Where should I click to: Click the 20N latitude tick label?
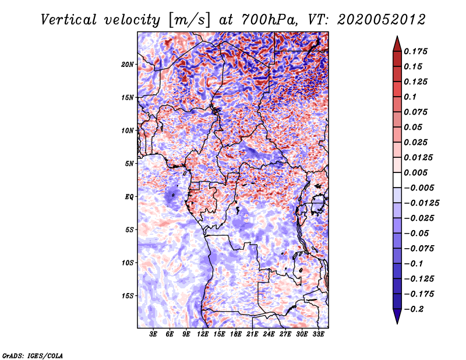[x=128, y=64]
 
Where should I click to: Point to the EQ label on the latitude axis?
[x=129, y=196]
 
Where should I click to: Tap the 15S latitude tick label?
[x=128, y=295]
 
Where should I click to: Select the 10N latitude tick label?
[x=128, y=130]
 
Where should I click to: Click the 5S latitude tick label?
[x=129, y=230]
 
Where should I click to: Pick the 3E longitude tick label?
[x=154, y=334]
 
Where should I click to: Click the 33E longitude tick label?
[x=318, y=334]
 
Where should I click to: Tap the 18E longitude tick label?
[x=236, y=334]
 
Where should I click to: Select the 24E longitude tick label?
[x=269, y=334]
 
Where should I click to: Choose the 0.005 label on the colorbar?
[x=418, y=172]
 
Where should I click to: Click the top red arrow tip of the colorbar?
[x=397, y=38]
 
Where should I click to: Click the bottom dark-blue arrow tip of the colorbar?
[x=397, y=322]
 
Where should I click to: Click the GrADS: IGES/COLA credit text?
[x=32, y=354]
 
